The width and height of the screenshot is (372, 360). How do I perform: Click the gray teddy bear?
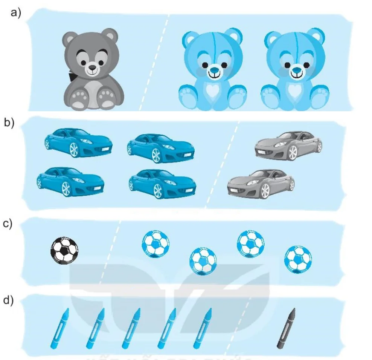[93, 69]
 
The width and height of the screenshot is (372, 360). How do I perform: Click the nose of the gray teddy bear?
[92, 68]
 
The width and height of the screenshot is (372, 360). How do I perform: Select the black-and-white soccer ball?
[64, 250]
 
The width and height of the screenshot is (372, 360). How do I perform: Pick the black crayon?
[286, 328]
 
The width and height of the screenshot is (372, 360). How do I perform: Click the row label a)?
[16, 12]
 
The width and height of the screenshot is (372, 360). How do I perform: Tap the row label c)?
[8, 224]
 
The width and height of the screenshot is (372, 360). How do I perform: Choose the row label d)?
[8, 300]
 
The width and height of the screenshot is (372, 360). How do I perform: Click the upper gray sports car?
[288, 146]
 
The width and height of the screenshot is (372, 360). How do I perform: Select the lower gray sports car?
[261, 184]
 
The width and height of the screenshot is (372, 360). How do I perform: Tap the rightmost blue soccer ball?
[298, 260]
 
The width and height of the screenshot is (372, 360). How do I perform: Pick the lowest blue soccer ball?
[203, 262]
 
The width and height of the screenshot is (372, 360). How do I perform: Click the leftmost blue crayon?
[60, 328]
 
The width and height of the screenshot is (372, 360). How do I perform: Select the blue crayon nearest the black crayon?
[203, 328]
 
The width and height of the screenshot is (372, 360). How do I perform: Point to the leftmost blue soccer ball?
[156, 244]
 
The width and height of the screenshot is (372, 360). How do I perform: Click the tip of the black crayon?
[294, 309]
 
